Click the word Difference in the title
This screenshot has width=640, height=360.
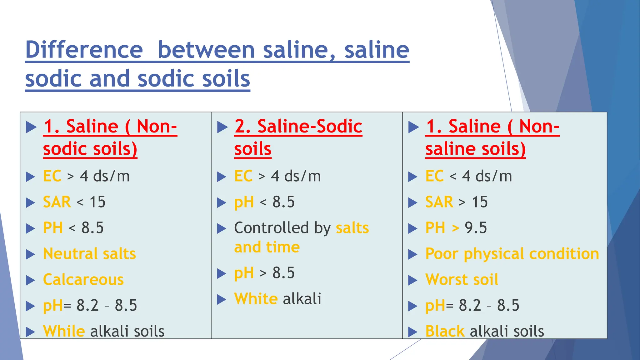(84, 50)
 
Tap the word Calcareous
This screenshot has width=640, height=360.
(83, 279)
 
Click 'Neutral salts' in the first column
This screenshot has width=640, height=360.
(89, 253)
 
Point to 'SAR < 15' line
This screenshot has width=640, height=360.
(74, 202)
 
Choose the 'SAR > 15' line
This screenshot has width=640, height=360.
(456, 202)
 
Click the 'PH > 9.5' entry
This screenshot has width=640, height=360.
(456, 228)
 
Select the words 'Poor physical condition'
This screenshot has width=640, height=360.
(512, 254)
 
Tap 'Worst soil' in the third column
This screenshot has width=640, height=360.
(462, 279)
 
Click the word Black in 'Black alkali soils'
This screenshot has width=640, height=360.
(445, 331)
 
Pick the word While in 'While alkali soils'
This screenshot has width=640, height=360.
(64, 331)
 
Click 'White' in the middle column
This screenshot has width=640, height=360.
(256, 298)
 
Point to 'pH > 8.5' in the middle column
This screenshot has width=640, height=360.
(264, 273)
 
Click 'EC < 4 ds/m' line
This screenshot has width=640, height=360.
(468, 176)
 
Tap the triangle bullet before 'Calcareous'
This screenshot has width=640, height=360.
(30, 280)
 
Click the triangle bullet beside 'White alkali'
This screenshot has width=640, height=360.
(222, 299)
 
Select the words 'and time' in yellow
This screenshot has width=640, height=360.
(267, 247)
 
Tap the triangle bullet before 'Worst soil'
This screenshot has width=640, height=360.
(412, 280)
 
